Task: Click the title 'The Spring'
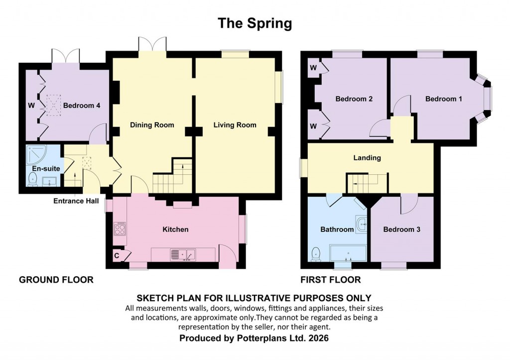pyautogui.click(x=255, y=23)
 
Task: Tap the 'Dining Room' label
pyautogui.click(x=152, y=125)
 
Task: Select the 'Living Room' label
pyautogui.click(x=235, y=125)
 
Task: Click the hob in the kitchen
pyautogui.click(x=120, y=230)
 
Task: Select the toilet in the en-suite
pyautogui.click(x=33, y=182)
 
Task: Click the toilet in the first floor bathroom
pyautogui.click(x=315, y=254)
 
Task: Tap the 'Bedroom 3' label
pyautogui.click(x=401, y=230)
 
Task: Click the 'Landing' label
pyautogui.click(x=367, y=158)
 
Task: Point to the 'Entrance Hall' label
pyautogui.click(x=75, y=201)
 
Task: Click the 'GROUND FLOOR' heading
pyautogui.click(x=56, y=280)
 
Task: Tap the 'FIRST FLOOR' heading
pyautogui.click(x=331, y=280)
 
